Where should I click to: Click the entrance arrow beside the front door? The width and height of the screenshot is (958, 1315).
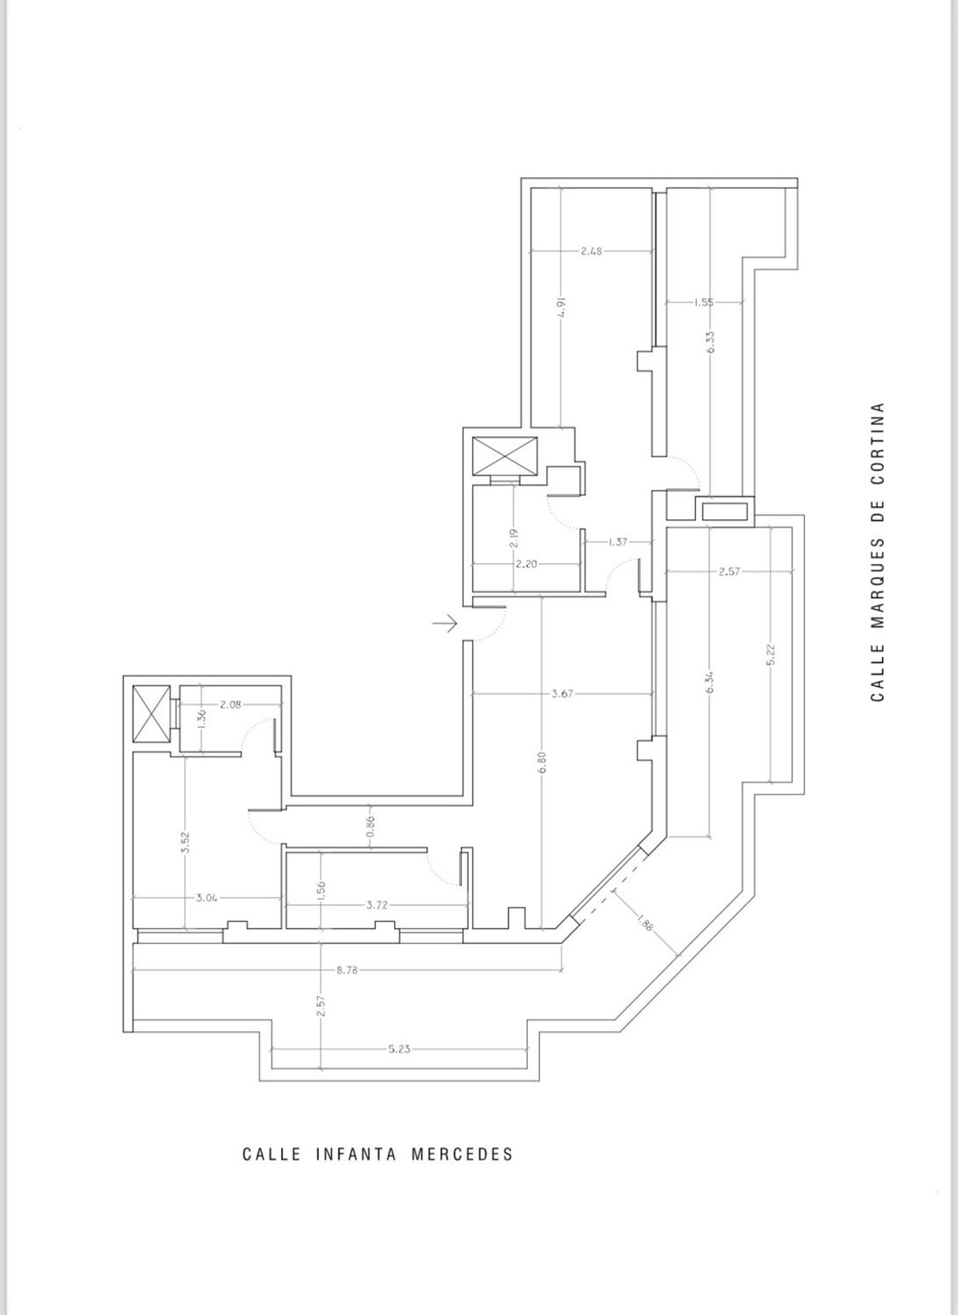[445, 622]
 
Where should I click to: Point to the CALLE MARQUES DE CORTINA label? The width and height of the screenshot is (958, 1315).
[878, 552]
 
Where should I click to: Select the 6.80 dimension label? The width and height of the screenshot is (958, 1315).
[542, 763]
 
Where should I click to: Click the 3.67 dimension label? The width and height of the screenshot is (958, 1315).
[562, 694]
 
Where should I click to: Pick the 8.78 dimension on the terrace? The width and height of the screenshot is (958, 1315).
[348, 970]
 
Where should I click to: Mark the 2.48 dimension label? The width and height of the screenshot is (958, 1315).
[591, 251]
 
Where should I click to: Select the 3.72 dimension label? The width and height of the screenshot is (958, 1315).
[377, 905]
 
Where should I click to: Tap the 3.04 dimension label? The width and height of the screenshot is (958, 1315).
[207, 898]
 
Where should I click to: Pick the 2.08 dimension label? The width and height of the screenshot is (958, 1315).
[231, 705]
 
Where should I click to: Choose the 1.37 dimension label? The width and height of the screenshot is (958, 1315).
[618, 542]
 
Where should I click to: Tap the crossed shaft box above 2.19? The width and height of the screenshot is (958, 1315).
[505, 456]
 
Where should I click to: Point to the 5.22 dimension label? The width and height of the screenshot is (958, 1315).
[771, 654]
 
